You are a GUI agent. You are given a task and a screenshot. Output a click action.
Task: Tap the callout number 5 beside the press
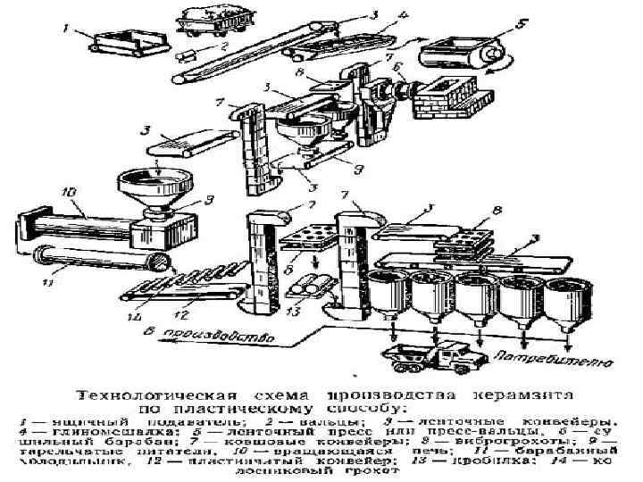pyautogui.click(x=522, y=23)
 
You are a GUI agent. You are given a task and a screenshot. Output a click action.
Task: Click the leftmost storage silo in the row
pyautogui.click(x=389, y=290)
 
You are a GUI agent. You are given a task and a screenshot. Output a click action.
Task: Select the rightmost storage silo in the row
pyautogui.click(x=568, y=300)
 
